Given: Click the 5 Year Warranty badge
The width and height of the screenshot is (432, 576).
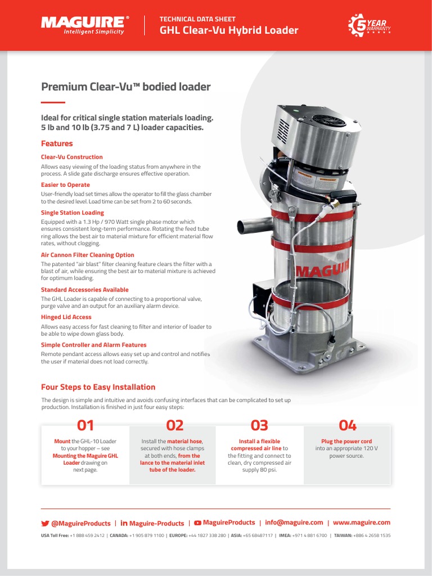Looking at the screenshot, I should coord(370,26).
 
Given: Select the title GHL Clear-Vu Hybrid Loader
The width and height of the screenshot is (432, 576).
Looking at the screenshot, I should coord(229,30).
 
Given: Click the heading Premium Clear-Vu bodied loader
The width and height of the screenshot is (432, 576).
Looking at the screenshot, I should coord(126,87).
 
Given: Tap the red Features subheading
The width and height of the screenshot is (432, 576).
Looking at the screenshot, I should coord(57,143).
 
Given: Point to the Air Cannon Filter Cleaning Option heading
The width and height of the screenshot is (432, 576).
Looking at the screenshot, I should coord(88,255).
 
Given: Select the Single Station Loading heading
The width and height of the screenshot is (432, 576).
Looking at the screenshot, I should coord(73,213).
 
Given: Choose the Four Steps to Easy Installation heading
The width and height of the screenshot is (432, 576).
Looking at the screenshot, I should coord(98,387).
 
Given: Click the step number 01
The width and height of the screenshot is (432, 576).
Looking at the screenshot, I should coord(85,425).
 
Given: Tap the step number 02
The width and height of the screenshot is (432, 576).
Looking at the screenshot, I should coord(172,425).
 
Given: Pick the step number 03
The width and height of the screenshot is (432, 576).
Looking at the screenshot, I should coord(259,425).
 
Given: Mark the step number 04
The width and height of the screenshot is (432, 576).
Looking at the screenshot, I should coord(347,425).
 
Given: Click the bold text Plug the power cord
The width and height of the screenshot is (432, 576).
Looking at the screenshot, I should coord(346,442).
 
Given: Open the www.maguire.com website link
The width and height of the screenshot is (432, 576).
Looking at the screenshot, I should coord(362,523).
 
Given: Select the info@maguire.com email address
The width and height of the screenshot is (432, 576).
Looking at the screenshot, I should coord(294,523).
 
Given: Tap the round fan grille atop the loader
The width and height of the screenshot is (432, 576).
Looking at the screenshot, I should coord(328,121).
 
